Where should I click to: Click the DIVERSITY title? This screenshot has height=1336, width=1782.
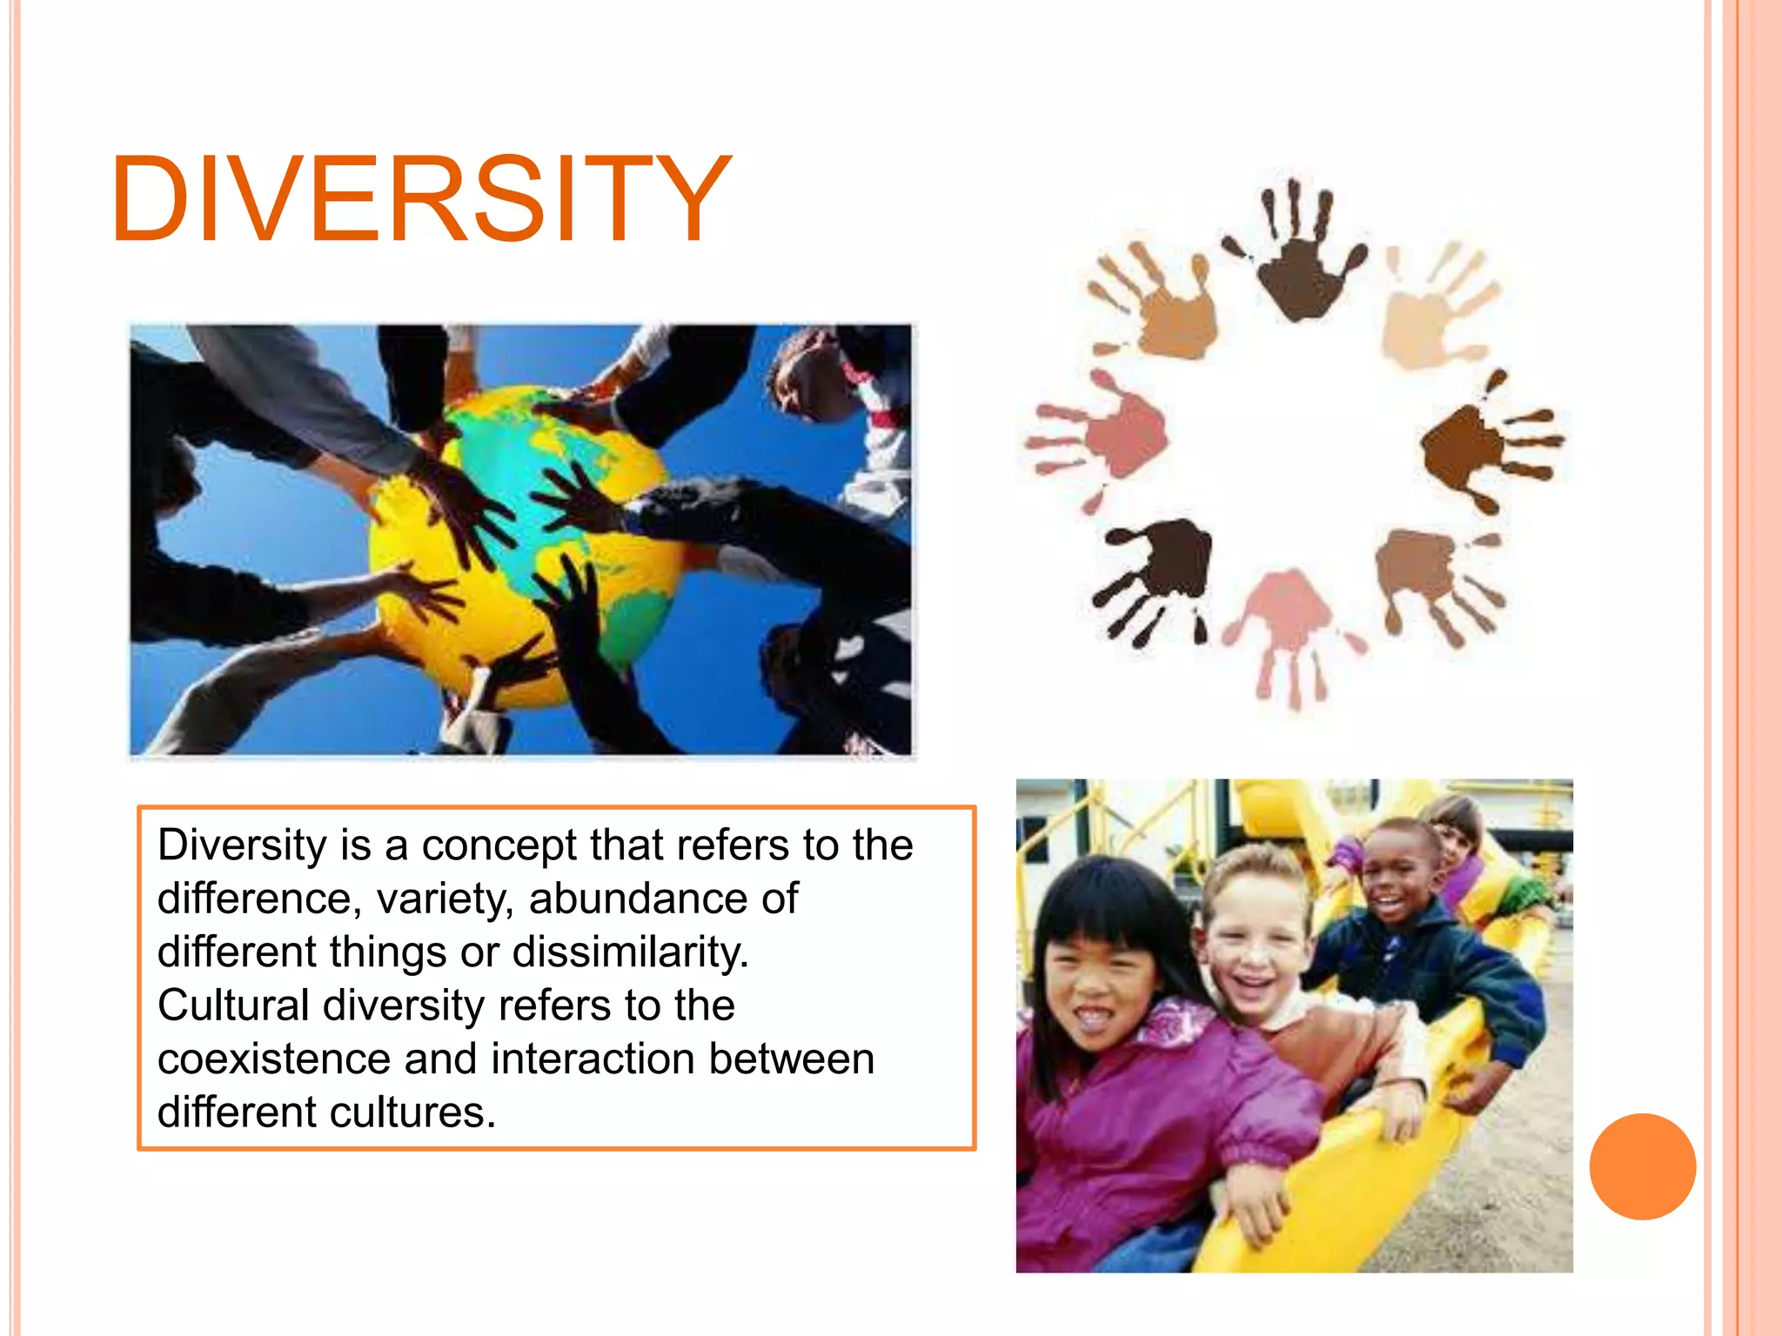420,200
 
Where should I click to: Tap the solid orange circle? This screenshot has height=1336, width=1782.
1642,1166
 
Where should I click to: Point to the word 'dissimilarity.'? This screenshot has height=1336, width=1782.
631,952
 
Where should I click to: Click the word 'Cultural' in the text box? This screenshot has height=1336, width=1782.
233,1005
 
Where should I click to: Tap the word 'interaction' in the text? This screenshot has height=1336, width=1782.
593,1059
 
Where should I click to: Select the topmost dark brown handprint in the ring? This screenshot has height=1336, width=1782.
1298,261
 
